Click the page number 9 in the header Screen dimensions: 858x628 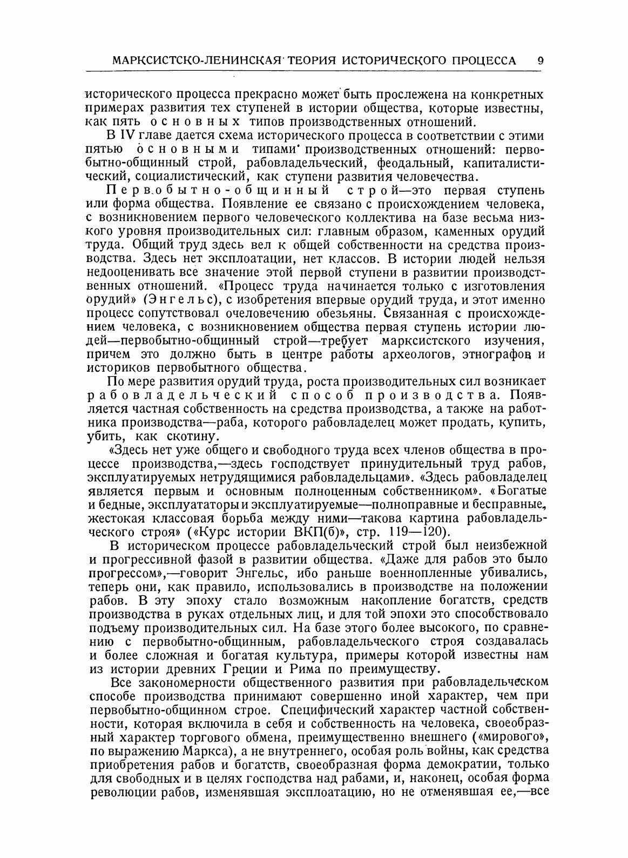540,60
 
